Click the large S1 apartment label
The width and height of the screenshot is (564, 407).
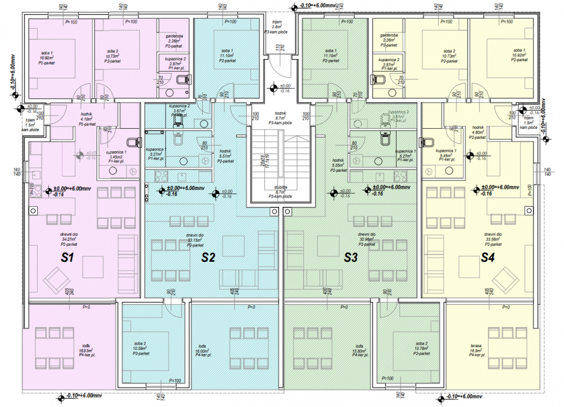[67, 257]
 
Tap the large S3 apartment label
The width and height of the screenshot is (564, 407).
[351, 257]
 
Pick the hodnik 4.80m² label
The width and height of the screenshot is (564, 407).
[477, 132]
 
